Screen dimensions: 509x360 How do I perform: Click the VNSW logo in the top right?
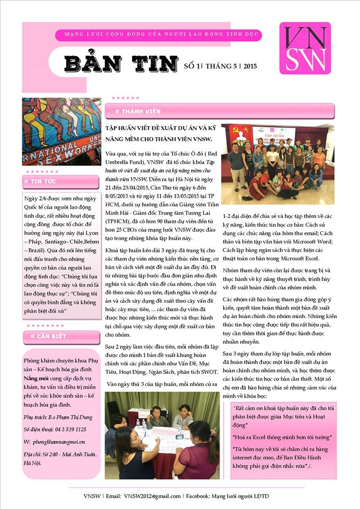(305, 48)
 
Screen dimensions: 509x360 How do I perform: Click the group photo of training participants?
(277, 164)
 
